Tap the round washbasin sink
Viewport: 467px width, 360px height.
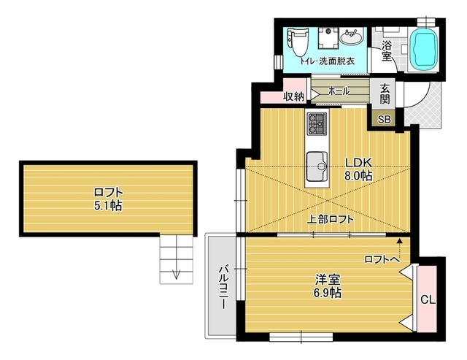click(x=352, y=37)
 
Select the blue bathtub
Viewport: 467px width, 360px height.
click(x=423, y=49)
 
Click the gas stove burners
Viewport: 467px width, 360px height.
click(x=317, y=124)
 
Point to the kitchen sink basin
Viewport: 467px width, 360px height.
click(x=317, y=166)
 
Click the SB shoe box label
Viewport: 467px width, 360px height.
click(x=385, y=120)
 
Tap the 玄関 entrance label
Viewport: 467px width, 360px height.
click(x=385, y=93)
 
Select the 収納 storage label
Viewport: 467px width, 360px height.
click(x=293, y=96)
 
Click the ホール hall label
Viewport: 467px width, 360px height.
click(x=339, y=91)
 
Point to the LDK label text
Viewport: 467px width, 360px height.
click(x=358, y=163)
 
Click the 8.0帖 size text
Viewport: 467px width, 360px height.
click(x=358, y=176)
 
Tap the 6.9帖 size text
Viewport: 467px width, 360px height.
click(x=327, y=294)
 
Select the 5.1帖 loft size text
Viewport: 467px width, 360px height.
click(x=108, y=206)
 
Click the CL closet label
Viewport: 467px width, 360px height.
click(x=428, y=300)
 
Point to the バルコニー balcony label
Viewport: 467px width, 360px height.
click(x=224, y=287)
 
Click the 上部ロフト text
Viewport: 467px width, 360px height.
click(x=331, y=220)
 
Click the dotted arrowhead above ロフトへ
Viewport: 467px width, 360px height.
click(x=399, y=241)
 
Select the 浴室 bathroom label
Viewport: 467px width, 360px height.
click(x=387, y=50)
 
